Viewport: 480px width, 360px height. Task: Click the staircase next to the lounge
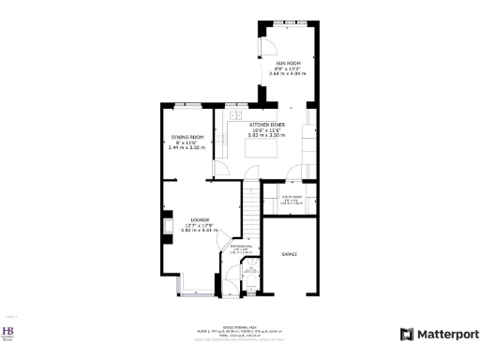pos(251,211)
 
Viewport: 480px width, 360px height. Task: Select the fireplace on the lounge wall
pos(166,224)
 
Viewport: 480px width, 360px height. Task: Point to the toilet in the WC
pos(250,273)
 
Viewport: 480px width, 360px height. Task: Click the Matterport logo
pos(440,334)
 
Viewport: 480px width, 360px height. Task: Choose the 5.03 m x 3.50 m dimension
pos(265,135)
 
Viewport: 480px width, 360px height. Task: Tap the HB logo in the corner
pos(9,334)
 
